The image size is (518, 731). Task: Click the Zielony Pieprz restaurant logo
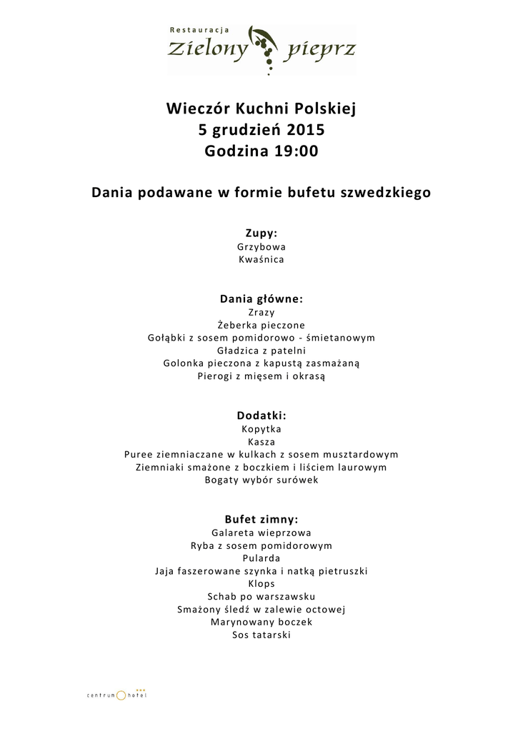262,49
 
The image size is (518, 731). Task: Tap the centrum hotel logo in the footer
116,694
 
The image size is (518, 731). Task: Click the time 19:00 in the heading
295,151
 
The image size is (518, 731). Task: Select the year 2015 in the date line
306,131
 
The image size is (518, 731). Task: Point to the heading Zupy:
262,233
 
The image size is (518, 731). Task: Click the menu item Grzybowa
262,246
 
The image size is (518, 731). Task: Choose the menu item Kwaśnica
262,260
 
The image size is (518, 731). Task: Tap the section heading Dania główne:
262,299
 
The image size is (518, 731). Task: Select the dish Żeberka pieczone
262,325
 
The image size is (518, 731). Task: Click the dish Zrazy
262,312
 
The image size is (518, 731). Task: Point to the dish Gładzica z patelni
262,351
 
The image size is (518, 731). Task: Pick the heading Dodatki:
262,415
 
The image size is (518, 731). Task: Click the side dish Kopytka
262,429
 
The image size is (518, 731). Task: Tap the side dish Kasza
262,442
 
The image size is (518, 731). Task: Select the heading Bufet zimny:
262,520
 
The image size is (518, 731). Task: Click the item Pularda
262,558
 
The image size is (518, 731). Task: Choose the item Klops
262,583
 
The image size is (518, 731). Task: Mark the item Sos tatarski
262,635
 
